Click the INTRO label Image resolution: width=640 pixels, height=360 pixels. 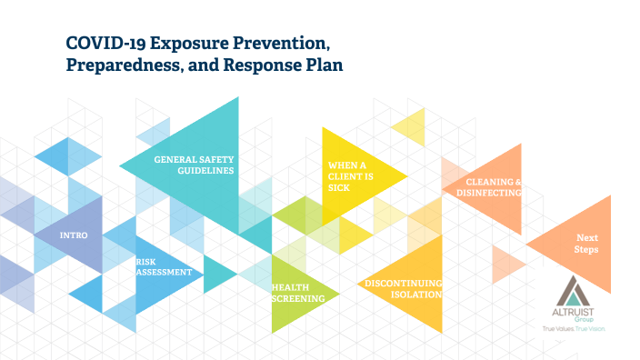pyautogui.click(x=73, y=235)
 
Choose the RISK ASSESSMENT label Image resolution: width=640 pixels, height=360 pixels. pyautogui.click(x=164, y=266)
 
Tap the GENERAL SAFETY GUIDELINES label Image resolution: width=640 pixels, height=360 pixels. pyautogui.click(x=194, y=165)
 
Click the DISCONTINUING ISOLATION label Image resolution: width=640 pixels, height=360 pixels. pyautogui.click(x=403, y=289)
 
